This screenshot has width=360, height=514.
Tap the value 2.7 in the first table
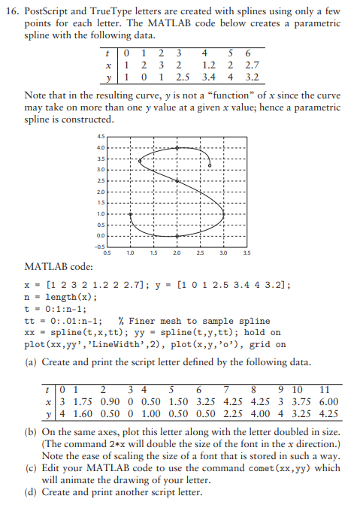pos(253,65)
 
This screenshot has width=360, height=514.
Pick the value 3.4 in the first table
pos(207,77)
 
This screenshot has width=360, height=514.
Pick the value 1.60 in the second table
pos(80,413)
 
